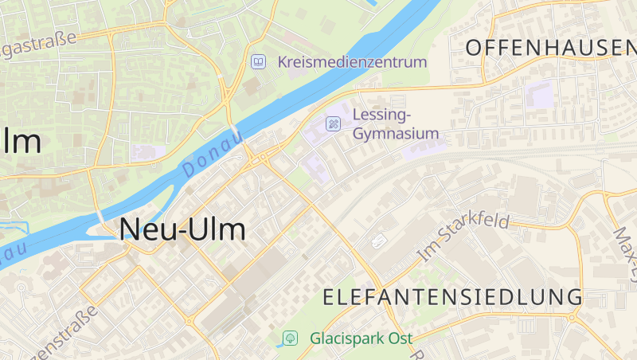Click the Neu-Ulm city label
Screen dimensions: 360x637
pyautogui.click(x=182, y=230)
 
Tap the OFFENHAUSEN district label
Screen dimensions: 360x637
pyautogui.click(x=550, y=48)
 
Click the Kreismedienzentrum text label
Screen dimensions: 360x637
pyautogui.click(x=352, y=61)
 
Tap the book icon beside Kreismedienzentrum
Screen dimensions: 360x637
pyautogui.click(x=258, y=61)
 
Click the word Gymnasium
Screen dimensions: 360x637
pyautogui.click(x=396, y=134)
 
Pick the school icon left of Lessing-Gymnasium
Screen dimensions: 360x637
pyautogui.click(x=334, y=123)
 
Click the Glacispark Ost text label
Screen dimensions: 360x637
pyautogui.click(x=361, y=338)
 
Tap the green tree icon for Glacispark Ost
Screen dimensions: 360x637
pyautogui.click(x=291, y=338)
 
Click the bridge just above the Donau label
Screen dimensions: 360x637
pyautogui.click(x=235, y=131)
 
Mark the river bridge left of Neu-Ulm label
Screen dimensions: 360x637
pyautogui.click(x=101, y=217)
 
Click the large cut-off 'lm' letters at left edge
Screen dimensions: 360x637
pyautogui.click(x=21, y=142)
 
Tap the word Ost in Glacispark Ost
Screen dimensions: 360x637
pyautogui.click(x=401, y=338)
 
